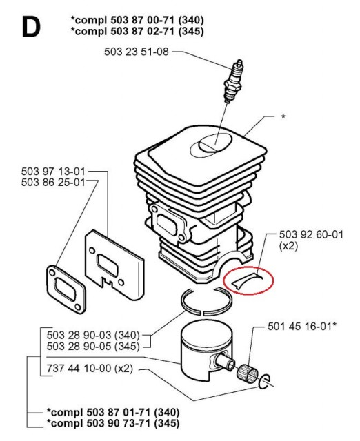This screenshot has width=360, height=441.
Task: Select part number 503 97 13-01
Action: pos(53,172)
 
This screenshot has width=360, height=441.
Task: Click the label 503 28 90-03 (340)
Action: pos(94,334)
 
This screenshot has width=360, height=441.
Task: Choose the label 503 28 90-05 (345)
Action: pos(94,345)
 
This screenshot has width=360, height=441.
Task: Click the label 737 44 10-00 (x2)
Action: pos(87,370)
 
